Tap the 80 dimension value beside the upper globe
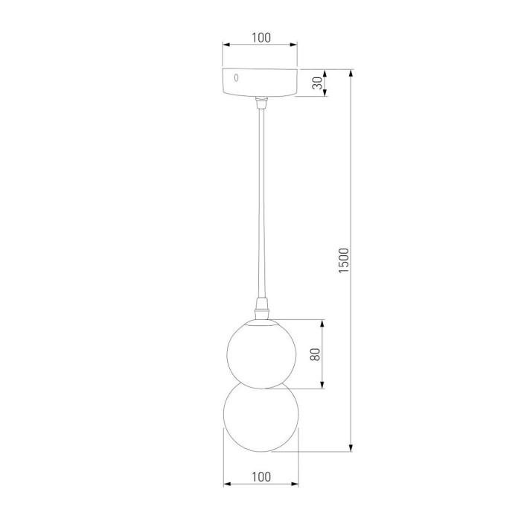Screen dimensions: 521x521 315,354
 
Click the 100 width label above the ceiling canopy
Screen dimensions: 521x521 260,37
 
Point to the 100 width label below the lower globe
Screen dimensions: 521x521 260,476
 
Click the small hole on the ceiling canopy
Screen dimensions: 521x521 237,77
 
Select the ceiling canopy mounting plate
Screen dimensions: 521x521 260,83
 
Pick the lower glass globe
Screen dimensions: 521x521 260,418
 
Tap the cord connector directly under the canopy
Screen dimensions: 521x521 260,102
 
